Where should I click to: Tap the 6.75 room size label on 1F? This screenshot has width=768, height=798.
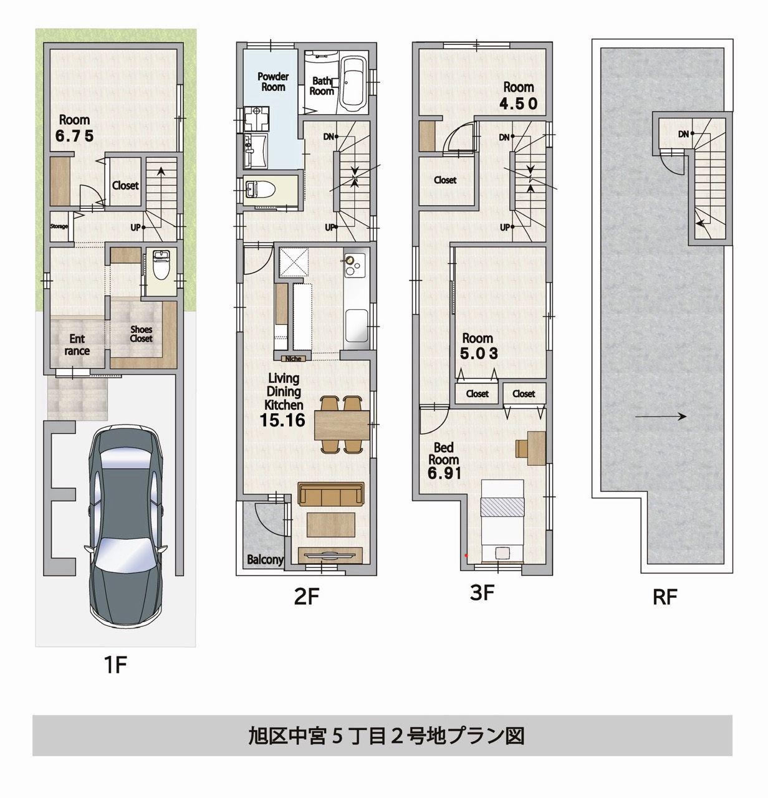74,136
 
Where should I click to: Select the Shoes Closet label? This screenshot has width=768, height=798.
141,334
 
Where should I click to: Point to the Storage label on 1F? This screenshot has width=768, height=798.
59,226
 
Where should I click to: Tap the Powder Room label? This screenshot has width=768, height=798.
273,82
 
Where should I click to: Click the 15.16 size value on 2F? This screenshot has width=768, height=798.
282,420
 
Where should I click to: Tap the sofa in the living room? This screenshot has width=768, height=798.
330,495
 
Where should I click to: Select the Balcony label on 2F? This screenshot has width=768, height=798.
265,560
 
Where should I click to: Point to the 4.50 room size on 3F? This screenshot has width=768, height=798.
518,103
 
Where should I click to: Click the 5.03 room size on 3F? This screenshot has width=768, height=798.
479,353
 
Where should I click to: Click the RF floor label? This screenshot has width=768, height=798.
665,597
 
